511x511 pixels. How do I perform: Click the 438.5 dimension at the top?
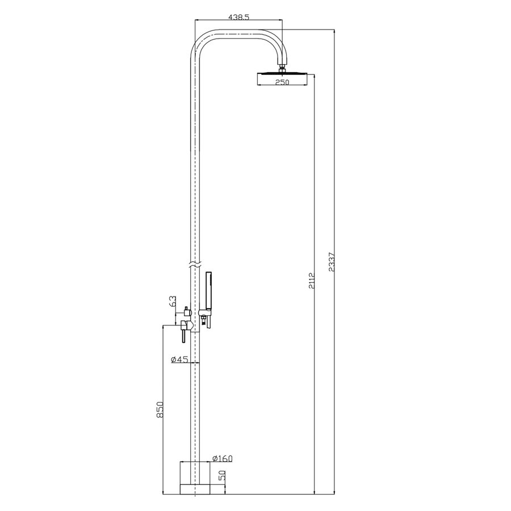click(x=238, y=18)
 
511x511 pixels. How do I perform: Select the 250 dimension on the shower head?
click(x=282, y=82)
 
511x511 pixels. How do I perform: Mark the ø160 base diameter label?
click(x=206, y=458)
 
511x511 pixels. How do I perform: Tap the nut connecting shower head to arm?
click(x=282, y=70)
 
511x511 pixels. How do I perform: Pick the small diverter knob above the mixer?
click(x=185, y=311)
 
